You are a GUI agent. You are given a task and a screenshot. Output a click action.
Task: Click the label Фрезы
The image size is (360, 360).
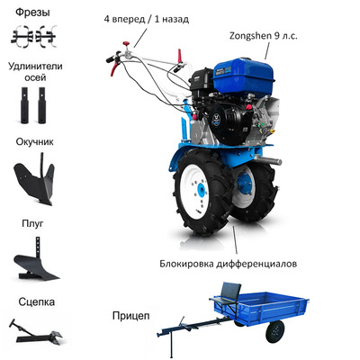pos(32,13)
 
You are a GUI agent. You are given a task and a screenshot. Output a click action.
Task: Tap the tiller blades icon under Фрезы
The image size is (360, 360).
pos(33,37)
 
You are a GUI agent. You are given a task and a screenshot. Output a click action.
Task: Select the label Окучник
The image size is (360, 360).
pos(35,141)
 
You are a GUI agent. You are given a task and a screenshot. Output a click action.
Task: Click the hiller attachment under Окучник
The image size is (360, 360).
pos(34,179)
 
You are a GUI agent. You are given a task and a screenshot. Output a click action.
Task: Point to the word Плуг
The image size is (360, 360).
pos(32,223)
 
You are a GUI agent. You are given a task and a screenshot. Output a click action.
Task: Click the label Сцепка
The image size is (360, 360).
pos(36,301)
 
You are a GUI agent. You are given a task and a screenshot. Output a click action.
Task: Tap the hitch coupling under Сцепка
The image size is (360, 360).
pos(35,332)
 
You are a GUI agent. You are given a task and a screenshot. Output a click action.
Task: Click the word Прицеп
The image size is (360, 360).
pos(130,316)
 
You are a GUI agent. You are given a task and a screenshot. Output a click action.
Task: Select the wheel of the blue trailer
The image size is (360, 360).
pos(274,331)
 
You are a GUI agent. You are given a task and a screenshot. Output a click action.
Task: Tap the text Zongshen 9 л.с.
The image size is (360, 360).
pos(264,36)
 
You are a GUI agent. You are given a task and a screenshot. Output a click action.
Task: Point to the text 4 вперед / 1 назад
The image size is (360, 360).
pos(147,19)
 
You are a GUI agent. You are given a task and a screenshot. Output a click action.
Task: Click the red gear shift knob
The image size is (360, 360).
pos(126,43)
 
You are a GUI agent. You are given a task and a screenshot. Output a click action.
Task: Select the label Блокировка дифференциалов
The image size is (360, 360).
pos(229,264)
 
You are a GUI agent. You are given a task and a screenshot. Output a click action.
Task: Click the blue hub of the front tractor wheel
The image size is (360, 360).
pos(202,190)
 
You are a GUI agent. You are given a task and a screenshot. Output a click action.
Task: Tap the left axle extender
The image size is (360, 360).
pos(24,105)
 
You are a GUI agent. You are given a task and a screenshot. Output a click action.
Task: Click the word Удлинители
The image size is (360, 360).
pos(35,67)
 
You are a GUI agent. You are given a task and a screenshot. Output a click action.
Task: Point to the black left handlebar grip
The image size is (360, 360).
pos(112,58)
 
